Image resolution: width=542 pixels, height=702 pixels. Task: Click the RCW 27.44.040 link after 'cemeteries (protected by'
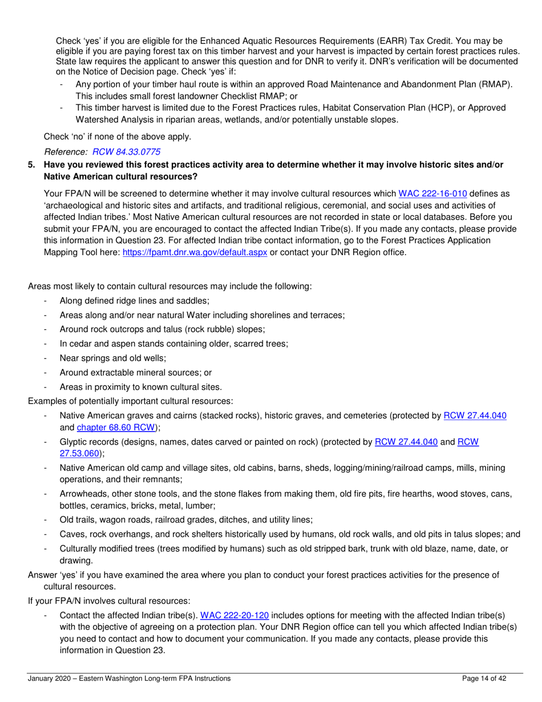(475, 416)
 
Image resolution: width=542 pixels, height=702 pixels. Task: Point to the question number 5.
(32, 165)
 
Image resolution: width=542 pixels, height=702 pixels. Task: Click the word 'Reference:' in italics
(66, 152)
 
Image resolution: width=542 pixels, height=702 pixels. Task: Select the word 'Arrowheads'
(81, 495)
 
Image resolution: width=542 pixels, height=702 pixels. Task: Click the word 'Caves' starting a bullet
(71, 534)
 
